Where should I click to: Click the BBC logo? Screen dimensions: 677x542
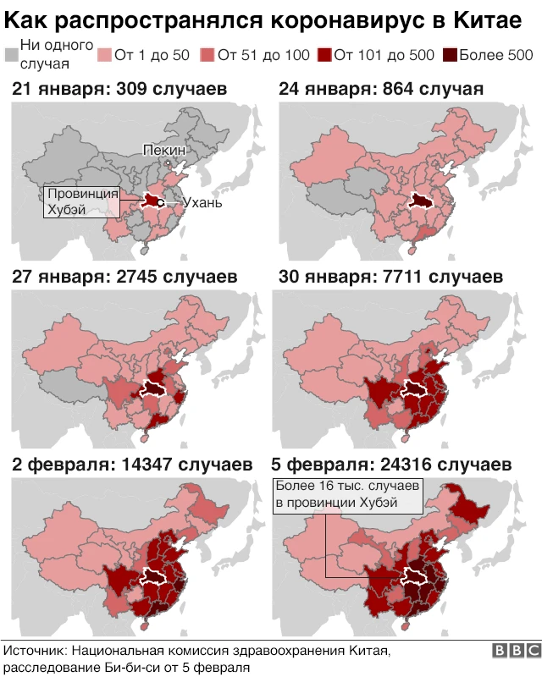[515, 650]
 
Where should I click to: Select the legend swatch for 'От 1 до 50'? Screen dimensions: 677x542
[104, 56]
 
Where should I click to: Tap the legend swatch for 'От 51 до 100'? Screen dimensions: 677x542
[207, 56]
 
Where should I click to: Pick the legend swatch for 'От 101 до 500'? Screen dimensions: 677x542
[324, 56]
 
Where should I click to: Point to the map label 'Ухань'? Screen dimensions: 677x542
[203, 203]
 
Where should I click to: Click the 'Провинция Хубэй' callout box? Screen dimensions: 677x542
[82, 201]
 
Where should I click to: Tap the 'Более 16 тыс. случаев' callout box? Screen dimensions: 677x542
[346, 495]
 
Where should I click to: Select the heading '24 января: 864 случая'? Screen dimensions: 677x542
[381, 89]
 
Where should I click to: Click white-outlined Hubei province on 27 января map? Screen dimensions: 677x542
[154, 388]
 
